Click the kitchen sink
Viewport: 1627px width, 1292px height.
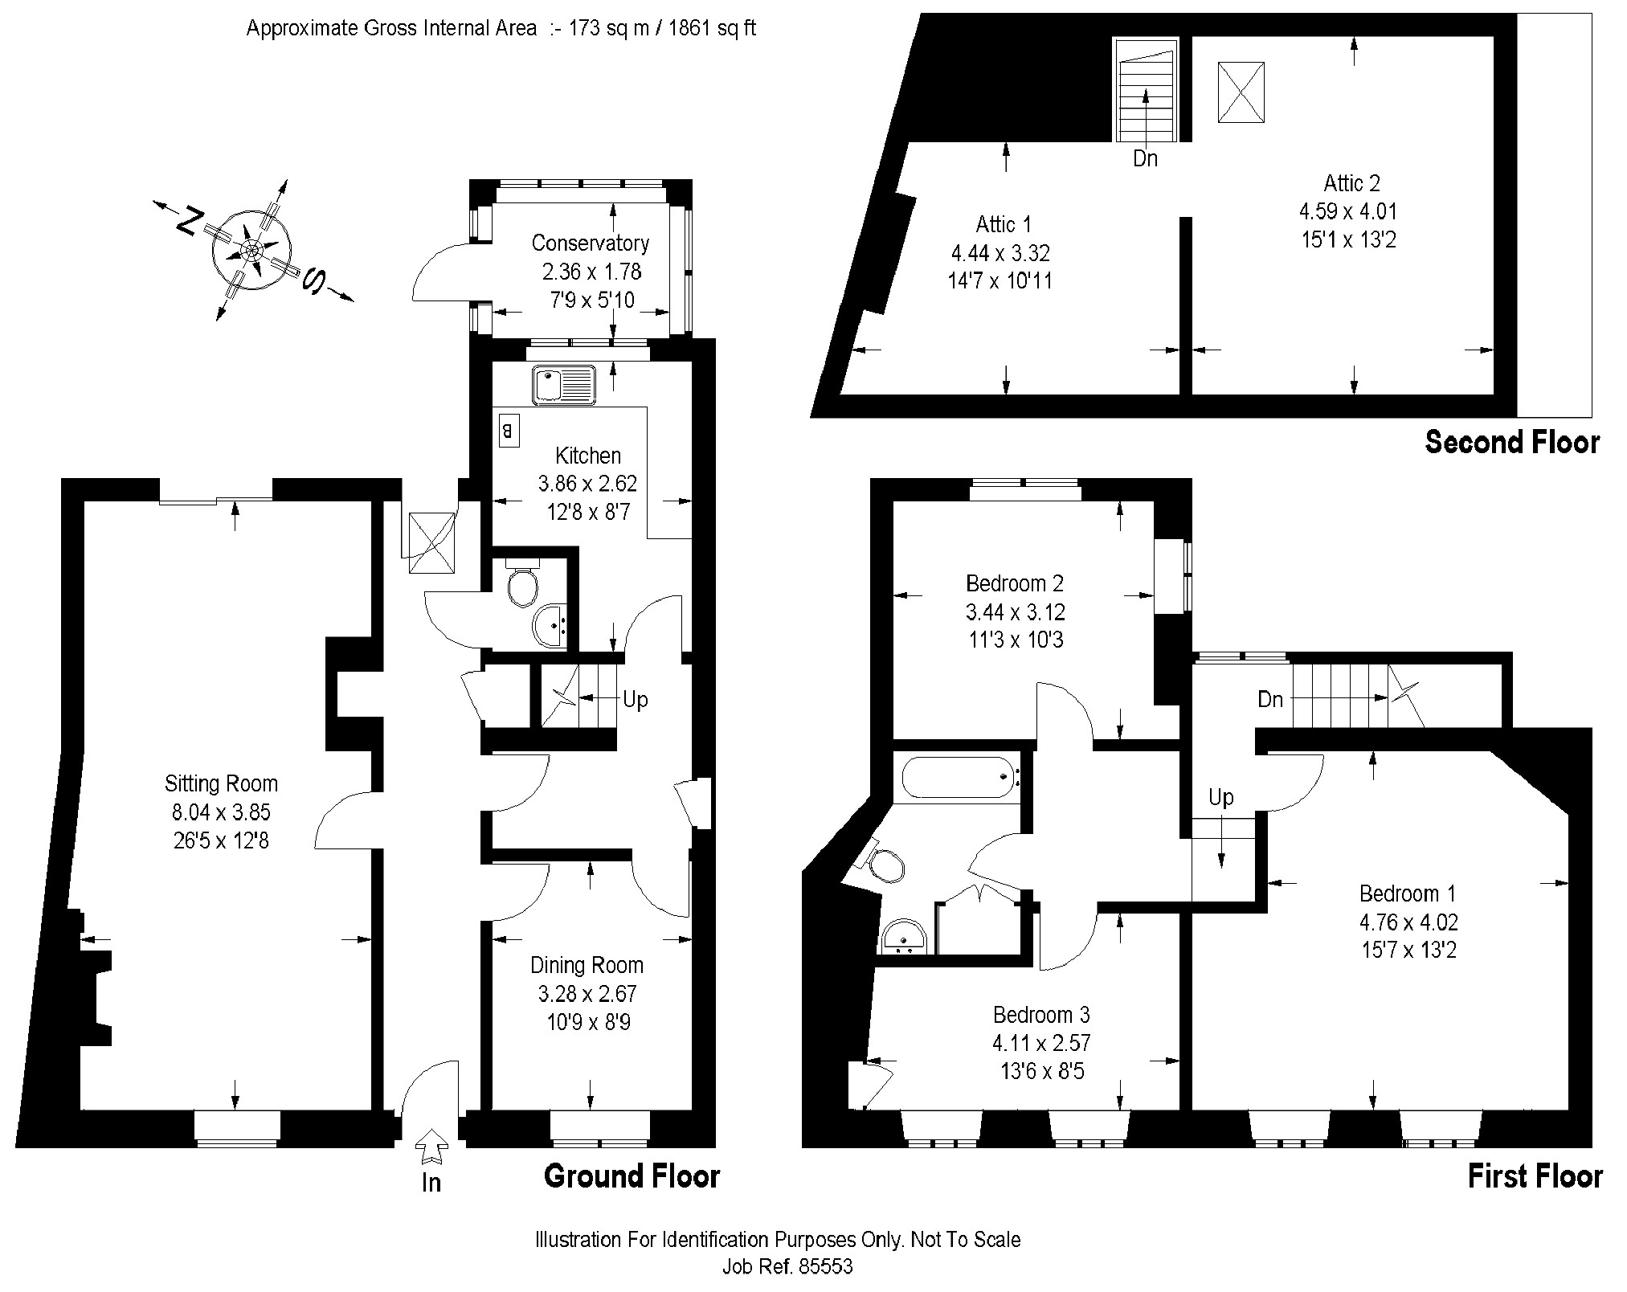point(562,385)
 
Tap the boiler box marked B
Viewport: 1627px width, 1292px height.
point(508,431)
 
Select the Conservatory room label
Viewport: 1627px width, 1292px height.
point(590,243)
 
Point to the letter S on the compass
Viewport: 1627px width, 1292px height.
point(313,280)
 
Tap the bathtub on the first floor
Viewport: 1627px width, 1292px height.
point(959,777)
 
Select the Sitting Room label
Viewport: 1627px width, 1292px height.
point(221,783)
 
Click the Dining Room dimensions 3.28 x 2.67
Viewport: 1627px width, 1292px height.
point(587,994)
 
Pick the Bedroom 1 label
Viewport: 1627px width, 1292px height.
point(1408,893)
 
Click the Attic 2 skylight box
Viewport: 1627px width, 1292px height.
point(1241,92)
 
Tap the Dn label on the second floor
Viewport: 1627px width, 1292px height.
point(1145,159)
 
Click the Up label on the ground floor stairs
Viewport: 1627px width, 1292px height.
point(635,700)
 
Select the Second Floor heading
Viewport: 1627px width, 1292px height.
point(1512,443)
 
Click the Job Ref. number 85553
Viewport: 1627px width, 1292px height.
point(824,1267)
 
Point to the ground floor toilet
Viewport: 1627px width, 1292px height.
point(522,587)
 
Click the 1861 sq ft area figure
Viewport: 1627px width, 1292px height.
point(711,29)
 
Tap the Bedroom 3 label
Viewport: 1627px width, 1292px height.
point(1041,1015)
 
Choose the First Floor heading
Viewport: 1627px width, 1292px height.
point(1535,1176)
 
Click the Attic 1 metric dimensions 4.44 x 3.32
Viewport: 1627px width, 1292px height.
point(1000,253)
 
